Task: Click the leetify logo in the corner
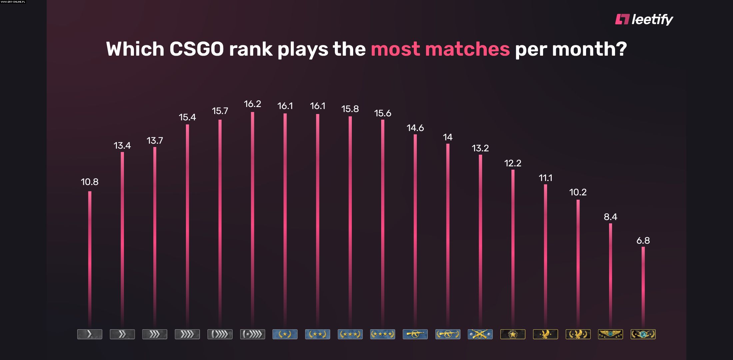click(644, 19)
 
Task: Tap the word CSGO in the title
click(196, 49)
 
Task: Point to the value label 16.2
click(253, 104)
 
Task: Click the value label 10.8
click(90, 182)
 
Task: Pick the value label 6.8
click(643, 240)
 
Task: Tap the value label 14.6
click(415, 128)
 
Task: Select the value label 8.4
click(610, 217)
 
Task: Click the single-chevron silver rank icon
click(90, 334)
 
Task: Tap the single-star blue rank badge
click(285, 334)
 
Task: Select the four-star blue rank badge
click(382, 334)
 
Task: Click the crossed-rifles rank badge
click(480, 334)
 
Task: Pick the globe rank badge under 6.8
click(643, 334)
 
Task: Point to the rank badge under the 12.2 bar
click(513, 334)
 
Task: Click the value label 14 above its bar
click(448, 137)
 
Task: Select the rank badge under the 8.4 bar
click(610, 334)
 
